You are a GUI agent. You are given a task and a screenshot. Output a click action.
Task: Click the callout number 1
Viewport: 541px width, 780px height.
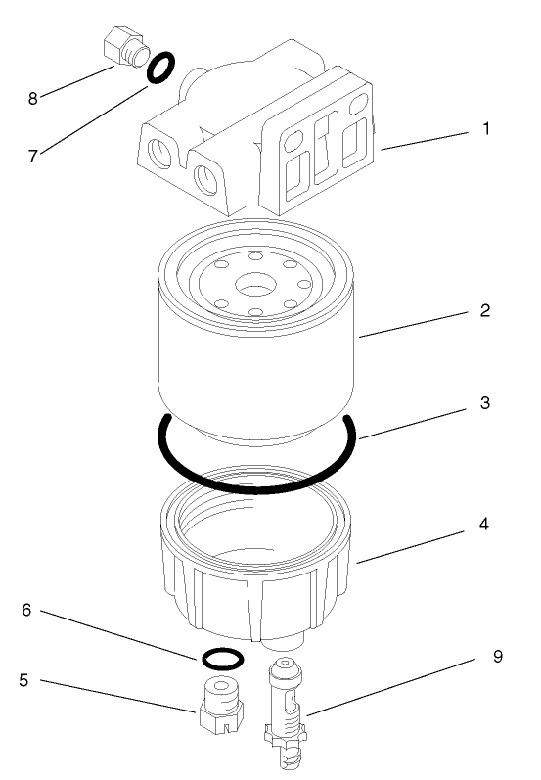coord(484,129)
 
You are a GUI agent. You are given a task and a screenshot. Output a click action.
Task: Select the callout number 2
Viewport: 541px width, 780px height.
coord(484,312)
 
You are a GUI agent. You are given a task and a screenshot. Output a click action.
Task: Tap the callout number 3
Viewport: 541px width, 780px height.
coord(484,403)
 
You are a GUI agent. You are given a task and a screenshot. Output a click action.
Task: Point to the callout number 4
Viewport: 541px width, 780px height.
coord(484,525)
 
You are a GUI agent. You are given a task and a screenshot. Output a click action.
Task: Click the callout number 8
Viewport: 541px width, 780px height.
coord(33,98)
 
